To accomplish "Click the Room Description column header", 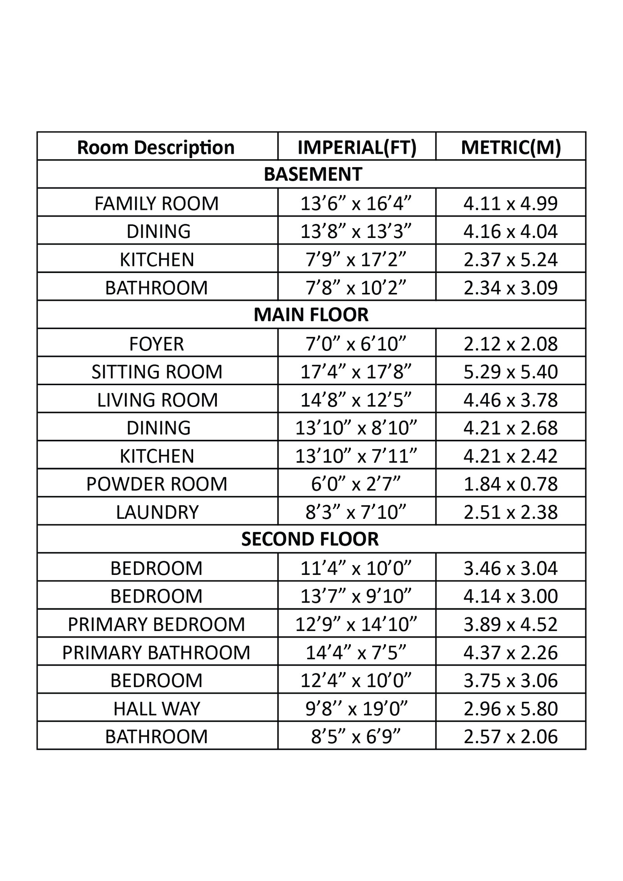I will click(x=156, y=147).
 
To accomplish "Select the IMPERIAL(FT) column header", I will click(x=357, y=147).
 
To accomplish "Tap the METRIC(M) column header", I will click(x=511, y=147).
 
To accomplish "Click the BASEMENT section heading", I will click(x=313, y=174).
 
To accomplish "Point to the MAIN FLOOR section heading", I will click(x=311, y=315).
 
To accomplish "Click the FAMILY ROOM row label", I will click(x=157, y=203).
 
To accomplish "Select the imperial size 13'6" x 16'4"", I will click(x=356, y=203).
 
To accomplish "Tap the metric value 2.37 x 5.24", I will click(x=510, y=259).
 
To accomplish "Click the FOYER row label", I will click(x=157, y=344).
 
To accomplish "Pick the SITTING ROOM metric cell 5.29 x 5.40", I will click(x=510, y=372).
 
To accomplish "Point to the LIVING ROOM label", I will click(x=157, y=400).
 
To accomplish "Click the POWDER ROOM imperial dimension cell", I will click(x=356, y=484).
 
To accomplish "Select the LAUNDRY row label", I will click(x=157, y=512).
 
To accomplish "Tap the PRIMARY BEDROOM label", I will click(x=157, y=624).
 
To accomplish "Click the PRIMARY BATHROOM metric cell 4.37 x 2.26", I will click(x=510, y=652).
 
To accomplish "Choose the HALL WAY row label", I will click(x=157, y=709).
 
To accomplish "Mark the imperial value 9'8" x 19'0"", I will click(x=356, y=709).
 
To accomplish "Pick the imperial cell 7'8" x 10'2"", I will click(x=356, y=287).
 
